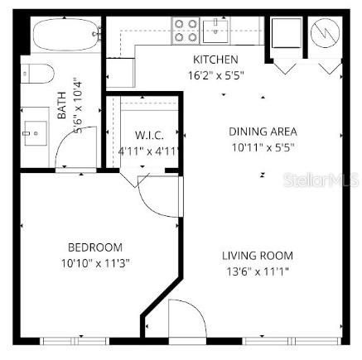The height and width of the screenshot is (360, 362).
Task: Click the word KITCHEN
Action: [x=215, y=60]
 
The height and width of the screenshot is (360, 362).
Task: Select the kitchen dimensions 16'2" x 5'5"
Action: [x=215, y=74]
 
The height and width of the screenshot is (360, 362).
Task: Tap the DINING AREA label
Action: [x=262, y=132]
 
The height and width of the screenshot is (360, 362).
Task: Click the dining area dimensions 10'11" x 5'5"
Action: [x=262, y=146]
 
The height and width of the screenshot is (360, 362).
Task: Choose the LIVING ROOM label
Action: [x=257, y=256]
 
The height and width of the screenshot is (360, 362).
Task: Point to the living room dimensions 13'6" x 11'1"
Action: [x=257, y=271]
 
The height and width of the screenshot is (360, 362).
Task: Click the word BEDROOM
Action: [x=94, y=247]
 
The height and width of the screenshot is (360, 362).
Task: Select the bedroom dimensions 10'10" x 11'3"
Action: [x=94, y=262]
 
